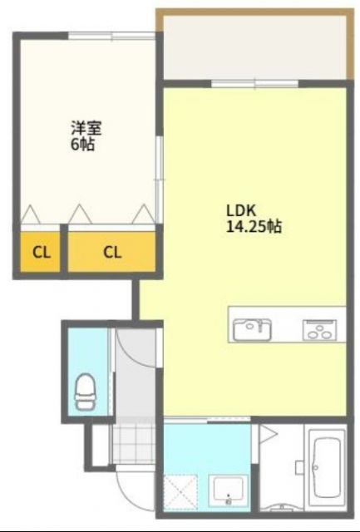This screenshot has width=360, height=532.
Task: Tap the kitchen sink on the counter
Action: [x=250, y=328]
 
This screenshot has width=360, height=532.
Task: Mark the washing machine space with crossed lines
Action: [x=180, y=490]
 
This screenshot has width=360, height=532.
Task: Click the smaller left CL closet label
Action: [x=41, y=252]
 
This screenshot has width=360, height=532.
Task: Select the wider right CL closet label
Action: [x=113, y=252]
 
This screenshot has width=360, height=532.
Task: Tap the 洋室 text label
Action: [x=81, y=128]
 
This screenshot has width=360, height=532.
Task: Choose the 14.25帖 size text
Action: [x=253, y=225]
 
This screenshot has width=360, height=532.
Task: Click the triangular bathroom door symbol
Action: [x=268, y=435]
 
